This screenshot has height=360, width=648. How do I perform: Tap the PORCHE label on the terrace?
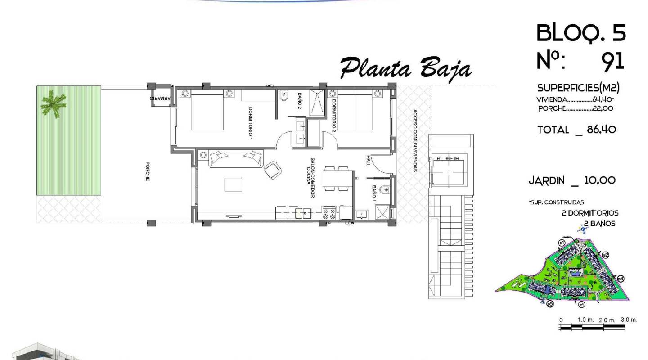pyautogui.click(x=148, y=171)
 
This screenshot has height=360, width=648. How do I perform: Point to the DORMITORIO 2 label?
pyautogui.click(x=333, y=115)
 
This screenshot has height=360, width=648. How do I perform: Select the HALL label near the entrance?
pyautogui.click(x=368, y=161)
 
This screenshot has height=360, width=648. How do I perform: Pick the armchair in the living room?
pyautogui.click(x=273, y=170)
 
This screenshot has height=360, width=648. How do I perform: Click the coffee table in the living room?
pyautogui.click(x=233, y=184)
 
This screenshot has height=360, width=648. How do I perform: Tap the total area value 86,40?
pyautogui.click(x=601, y=130)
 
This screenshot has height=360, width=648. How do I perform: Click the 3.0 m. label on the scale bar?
pyautogui.click(x=629, y=319)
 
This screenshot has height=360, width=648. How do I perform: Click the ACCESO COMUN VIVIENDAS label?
pyautogui.click(x=414, y=141)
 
